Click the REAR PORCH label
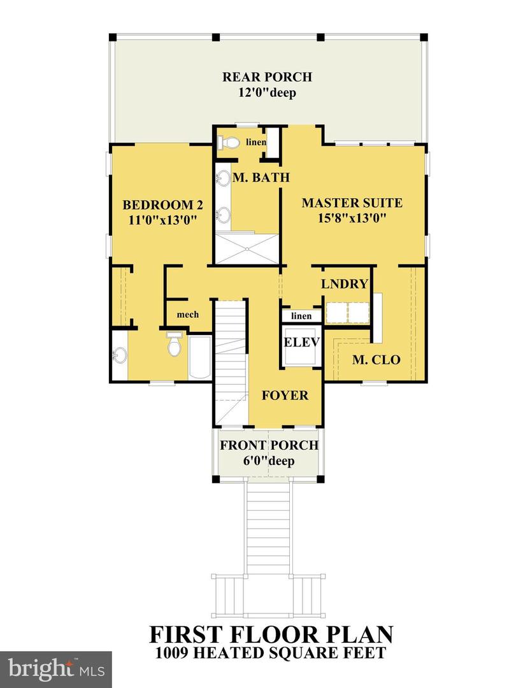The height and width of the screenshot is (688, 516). coord(267,77)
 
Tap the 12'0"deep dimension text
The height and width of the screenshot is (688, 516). coord(267,93)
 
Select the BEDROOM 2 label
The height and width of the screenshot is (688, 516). coord(162,205)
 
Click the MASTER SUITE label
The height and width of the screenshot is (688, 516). coord(352,203)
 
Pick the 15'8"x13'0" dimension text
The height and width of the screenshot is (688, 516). coord(352,218)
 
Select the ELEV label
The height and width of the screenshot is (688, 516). coord(301,342)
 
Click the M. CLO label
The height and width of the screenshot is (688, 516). coord(376,360)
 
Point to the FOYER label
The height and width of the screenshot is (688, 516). coord(285,395)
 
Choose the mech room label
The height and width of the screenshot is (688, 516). coord(187,315)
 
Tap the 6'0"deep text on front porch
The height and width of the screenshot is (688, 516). coord(269,461)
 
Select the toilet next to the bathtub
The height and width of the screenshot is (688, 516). coord(174,345)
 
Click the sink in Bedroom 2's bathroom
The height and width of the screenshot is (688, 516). coord(120,355)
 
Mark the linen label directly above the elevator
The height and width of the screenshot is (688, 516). coord(301,316)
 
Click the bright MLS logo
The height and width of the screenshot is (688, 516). coord(55,669)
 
